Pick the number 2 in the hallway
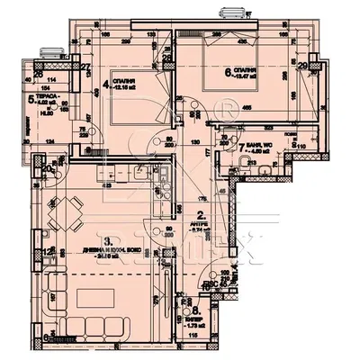click(x=200, y=214)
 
